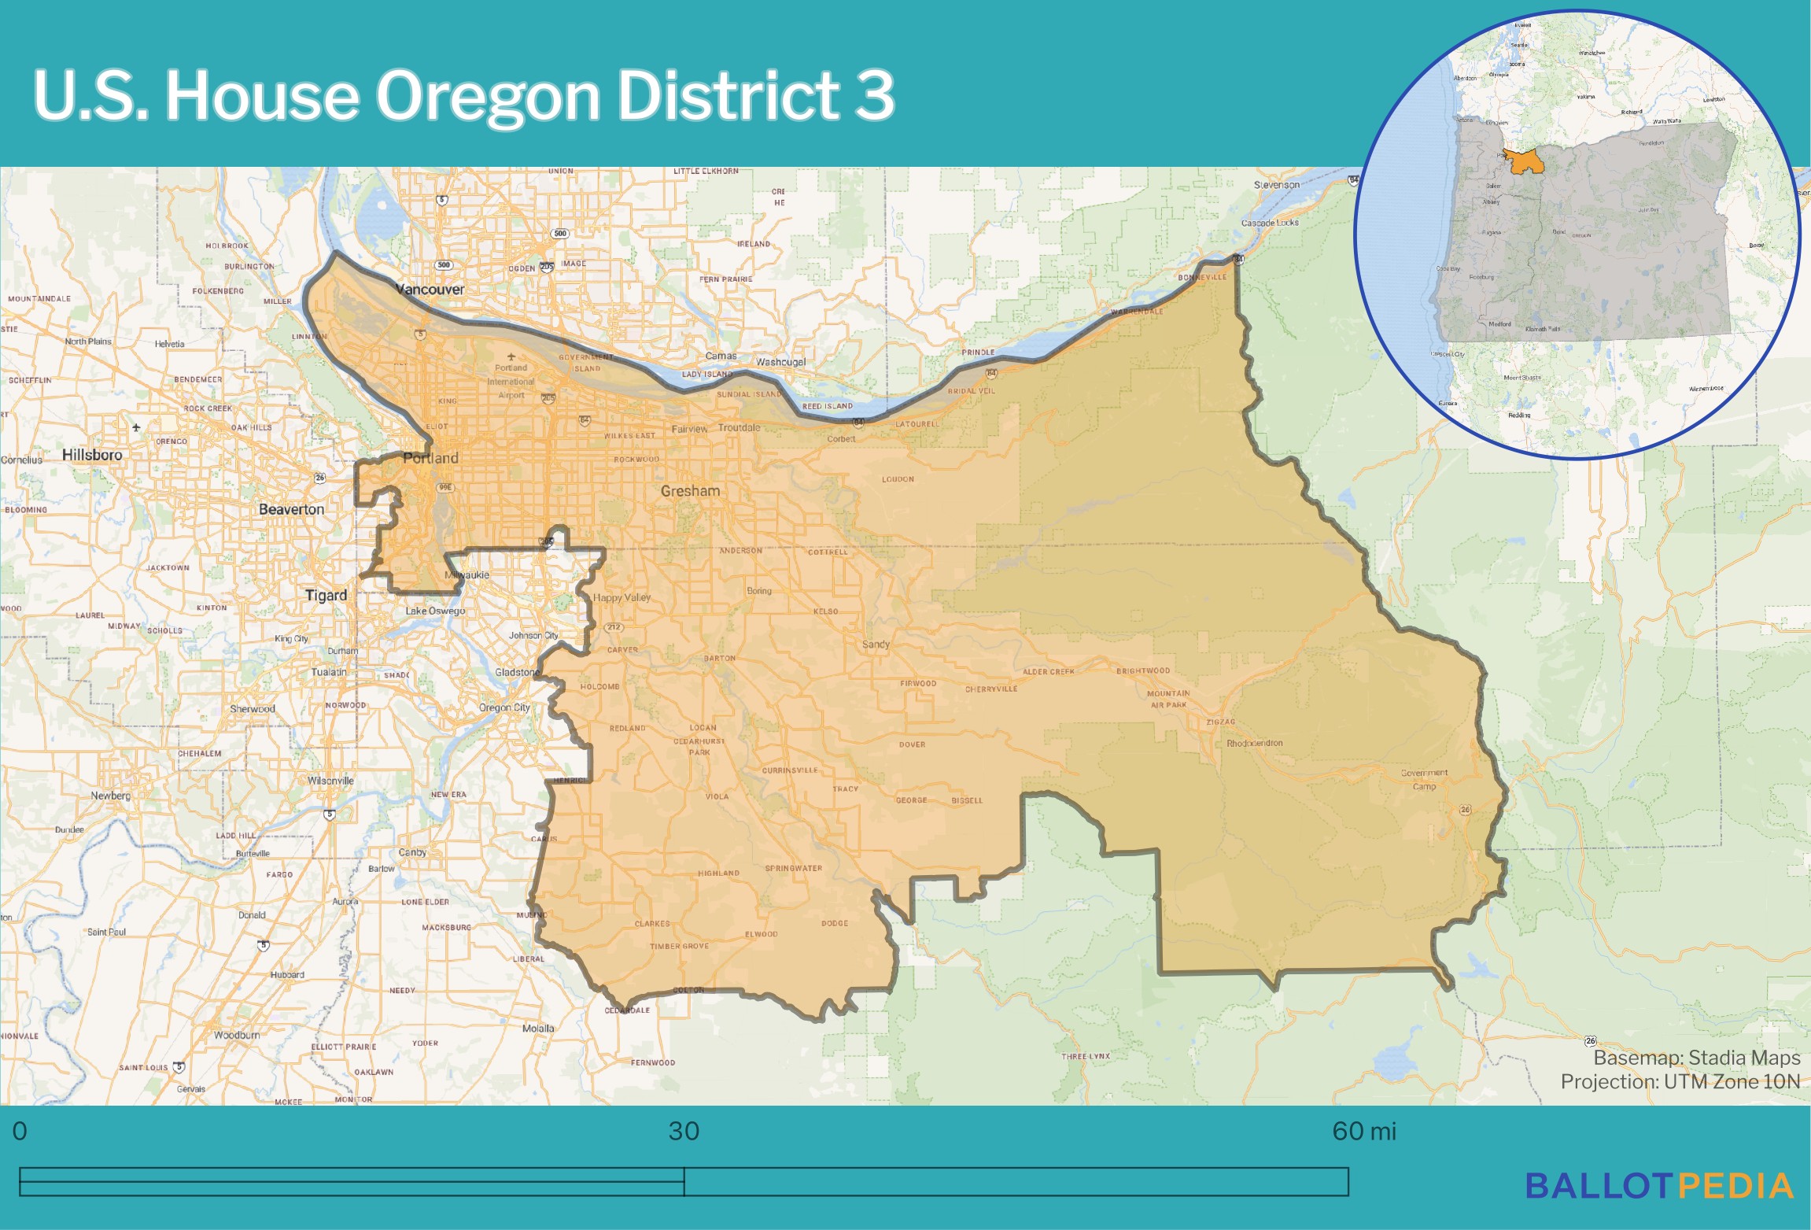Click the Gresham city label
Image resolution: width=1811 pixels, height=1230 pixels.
pyautogui.click(x=690, y=491)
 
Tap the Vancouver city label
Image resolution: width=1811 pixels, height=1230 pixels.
pyautogui.click(x=430, y=290)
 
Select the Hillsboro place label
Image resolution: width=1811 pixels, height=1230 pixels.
pyautogui.click(x=92, y=455)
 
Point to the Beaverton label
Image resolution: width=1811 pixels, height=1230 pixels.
pyautogui.click(x=291, y=509)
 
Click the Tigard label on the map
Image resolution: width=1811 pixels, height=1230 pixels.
pyautogui.click(x=326, y=595)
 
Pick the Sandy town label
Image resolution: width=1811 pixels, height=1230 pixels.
pyautogui.click(x=876, y=645)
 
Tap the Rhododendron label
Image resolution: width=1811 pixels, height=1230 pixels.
pyautogui.click(x=1254, y=743)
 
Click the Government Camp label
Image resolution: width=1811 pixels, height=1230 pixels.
pyautogui.click(x=1424, y=779)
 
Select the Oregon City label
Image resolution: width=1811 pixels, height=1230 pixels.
pyautogui.click(x=504, y=707)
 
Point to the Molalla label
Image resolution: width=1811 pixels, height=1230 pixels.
pyautogui.click(x=538, y=1029)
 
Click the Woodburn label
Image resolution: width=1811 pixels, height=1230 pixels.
pyautogui.click(x=237, y=1035)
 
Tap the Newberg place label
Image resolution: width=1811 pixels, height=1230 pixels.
pyautogui.click(x=110, y=796)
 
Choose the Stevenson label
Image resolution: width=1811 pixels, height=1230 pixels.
pyautogui.click(x=1277, y=185)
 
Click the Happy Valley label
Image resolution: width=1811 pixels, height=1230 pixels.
pyautogui.click(x=621, y=597)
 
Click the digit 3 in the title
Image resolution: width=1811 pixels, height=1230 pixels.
pyautogui.click(x=875, y=95)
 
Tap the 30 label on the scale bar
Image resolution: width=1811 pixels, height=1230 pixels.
pyautogui.click(x=684, y=1131)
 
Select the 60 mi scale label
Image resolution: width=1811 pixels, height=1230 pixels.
pyautogui.click(x=1363, y=1131)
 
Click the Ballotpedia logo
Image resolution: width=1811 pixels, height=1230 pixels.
pyautogui.click(x=1659, y=1186)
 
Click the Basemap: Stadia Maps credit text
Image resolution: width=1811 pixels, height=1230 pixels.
pyautogui.click(x=1696, y=1058)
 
